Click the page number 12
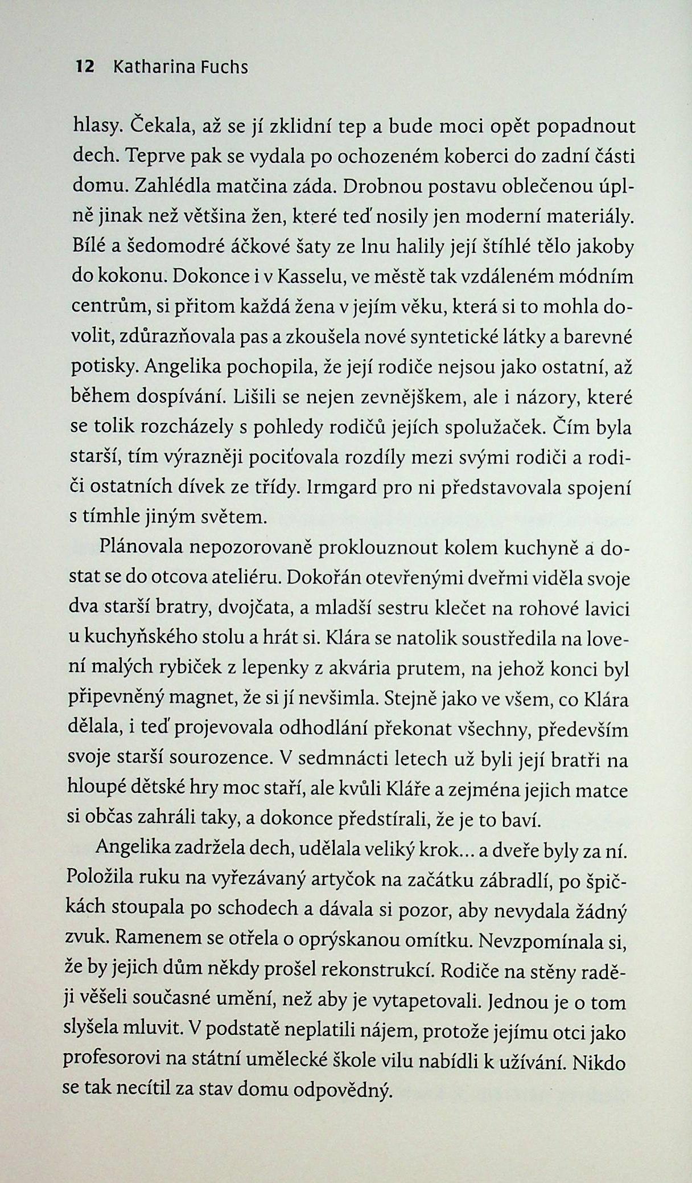[x=84, y=68]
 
